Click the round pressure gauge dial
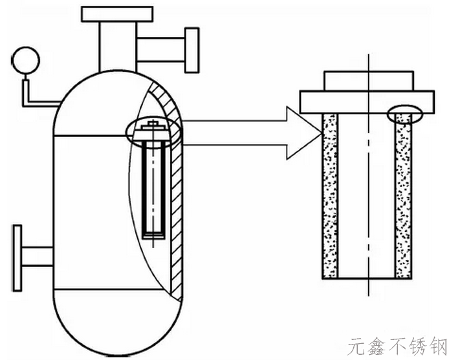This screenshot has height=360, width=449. click(26, 60)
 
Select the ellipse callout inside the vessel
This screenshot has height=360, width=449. click(153, 131)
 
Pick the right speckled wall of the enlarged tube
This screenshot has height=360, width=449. click(403, 200)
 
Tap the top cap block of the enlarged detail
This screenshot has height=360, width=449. click(366, 80)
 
